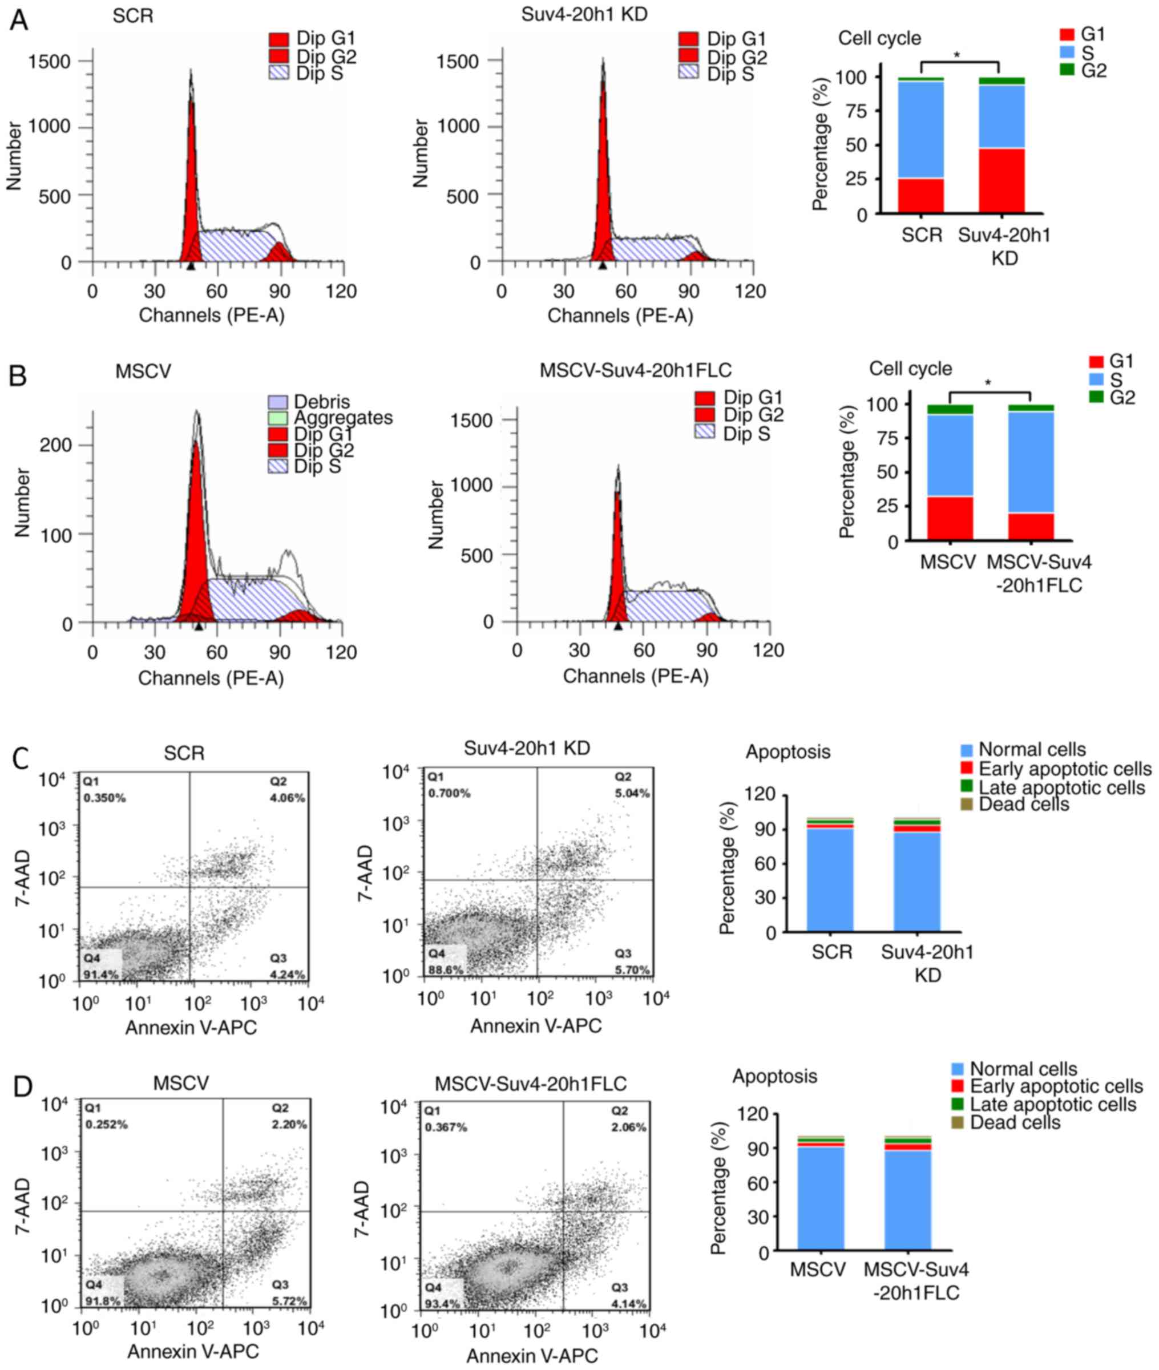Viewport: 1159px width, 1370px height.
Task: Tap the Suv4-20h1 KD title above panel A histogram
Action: coord(584,14)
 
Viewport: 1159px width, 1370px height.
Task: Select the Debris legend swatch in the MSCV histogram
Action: coord(278,402)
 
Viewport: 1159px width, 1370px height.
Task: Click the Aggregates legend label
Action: coord(343,418)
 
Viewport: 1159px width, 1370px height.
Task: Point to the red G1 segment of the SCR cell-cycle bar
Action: coord(921,196)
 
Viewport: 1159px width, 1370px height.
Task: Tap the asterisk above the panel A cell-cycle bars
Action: coord(956,55)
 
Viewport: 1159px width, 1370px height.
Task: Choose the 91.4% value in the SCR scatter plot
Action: coord(100,975)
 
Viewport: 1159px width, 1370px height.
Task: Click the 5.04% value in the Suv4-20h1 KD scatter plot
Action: coord(631,793)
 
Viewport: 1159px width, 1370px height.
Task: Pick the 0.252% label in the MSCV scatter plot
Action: coord(107,1124)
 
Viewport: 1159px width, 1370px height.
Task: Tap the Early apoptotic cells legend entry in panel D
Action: coord(1056,1086)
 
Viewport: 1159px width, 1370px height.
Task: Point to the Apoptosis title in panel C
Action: coord(787,751)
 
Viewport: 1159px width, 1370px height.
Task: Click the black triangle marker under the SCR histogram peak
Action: coord(191,266)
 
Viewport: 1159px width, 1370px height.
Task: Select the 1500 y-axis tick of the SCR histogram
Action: coord(49,62)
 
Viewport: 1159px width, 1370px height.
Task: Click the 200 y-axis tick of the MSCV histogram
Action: coord(57,446)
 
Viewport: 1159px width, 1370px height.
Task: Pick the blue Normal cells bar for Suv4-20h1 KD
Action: coord(917,880)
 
